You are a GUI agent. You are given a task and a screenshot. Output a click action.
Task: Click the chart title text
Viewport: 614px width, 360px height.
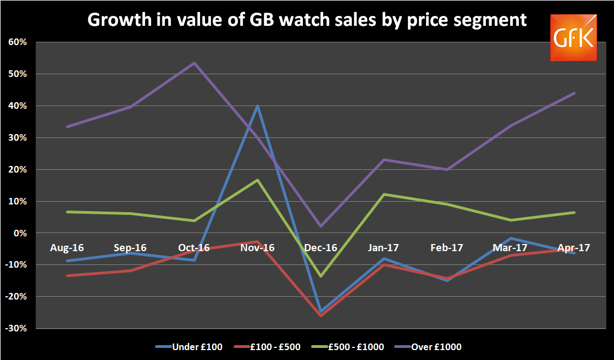[x=307, y=20]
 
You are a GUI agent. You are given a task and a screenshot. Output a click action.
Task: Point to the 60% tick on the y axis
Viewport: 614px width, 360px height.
[x=19, y=42]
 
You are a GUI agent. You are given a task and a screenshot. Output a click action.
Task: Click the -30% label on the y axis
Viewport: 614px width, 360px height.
[x=16, y=329]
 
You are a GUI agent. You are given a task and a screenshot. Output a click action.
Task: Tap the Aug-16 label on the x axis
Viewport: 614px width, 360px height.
[x=67, y=248]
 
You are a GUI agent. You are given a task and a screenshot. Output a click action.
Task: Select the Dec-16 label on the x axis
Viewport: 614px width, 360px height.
[x=320, y=248]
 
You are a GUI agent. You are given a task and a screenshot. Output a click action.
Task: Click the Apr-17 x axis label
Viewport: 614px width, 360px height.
[x=573, y=248]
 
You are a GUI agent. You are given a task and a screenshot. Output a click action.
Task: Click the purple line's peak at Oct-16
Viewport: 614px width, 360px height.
[x=194, y=63]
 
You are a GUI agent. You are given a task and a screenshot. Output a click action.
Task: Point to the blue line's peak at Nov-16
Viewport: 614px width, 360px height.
[x=257, y=106]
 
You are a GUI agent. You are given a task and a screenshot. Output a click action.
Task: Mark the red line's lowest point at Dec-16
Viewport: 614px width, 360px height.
[x=320, y=315]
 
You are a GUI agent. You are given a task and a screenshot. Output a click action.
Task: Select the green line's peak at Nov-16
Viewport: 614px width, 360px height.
[x=257, y=180]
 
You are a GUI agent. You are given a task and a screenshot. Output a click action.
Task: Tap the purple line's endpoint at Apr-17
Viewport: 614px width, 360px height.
[x=574, y=93]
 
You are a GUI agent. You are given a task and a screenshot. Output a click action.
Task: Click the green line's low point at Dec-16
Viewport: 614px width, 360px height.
[x=320, y=276]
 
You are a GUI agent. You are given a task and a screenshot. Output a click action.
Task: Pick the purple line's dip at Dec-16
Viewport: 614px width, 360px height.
[x=320, y=226]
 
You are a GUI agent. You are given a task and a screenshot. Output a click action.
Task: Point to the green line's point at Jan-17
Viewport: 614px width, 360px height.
[x=384, y=195]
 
